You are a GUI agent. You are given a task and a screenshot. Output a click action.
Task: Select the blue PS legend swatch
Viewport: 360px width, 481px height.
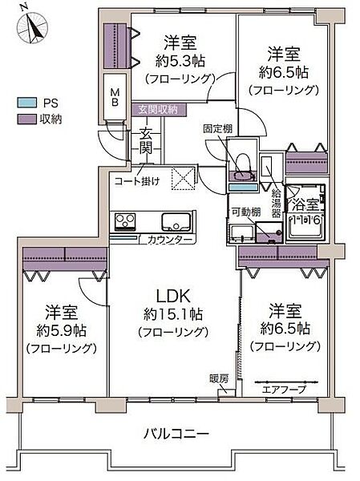click(x=28, y=103)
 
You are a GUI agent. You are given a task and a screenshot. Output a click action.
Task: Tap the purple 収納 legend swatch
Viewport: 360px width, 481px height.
click(x=28, y=119)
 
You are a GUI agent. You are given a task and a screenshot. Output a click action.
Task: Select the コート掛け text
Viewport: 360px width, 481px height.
click(x=136, y=180)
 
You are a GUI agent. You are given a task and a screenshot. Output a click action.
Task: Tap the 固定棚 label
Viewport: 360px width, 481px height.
click(x=217, y=127)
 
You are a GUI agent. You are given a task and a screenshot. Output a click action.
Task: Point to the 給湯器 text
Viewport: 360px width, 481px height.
click(x=275, y=202)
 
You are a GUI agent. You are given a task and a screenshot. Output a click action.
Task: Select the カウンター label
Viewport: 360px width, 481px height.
click(x=169, y=240)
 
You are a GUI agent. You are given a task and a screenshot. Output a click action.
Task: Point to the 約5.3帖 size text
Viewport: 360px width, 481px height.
click(x=179, y=59)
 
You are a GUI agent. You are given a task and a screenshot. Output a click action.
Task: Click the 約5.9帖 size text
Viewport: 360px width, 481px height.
click(x=62, y=329)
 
